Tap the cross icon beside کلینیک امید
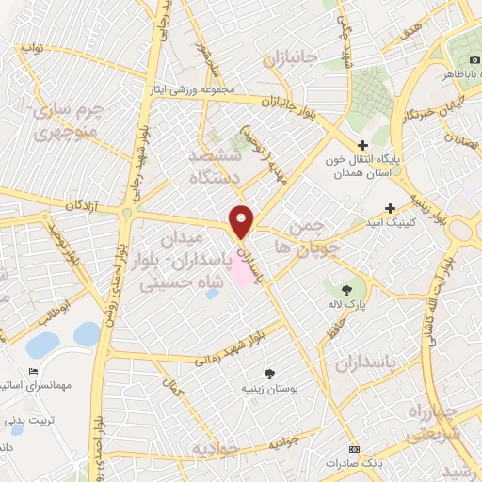pos(391,208)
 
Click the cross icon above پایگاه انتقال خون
pos(362,145)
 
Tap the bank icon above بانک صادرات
pos(354,448)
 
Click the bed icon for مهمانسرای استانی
pos(35,371)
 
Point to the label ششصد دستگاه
pos(216,166)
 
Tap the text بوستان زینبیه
pos(272,388)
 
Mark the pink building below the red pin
pos(242,272)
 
